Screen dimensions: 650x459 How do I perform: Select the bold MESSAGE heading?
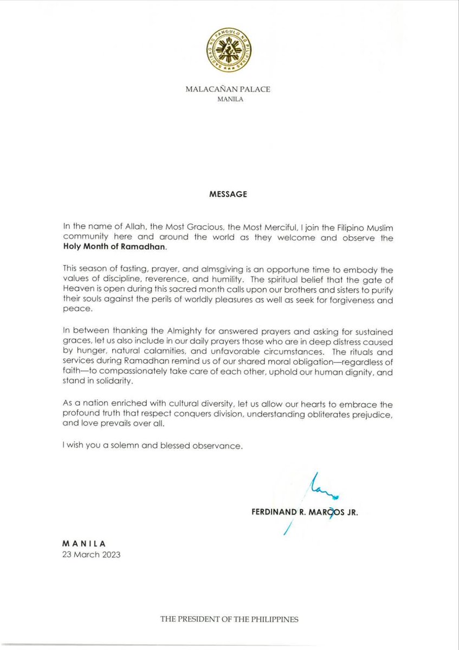point(229,195)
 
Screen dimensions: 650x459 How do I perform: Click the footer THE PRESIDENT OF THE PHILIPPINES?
point(229,619)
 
